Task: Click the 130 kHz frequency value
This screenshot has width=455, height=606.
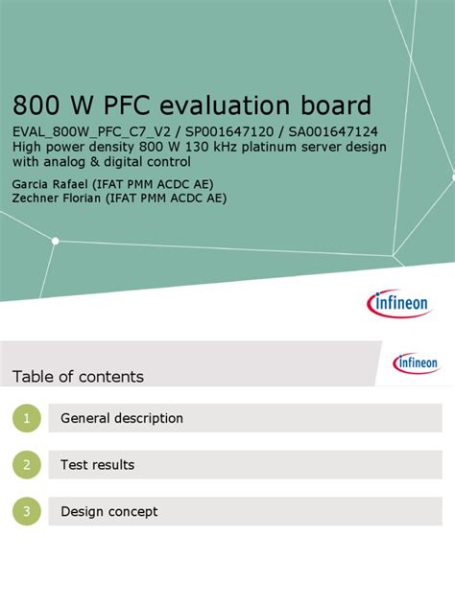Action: tap(201, 147)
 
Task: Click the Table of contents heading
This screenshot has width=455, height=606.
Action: tap(78, 377)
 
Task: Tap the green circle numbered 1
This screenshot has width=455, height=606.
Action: tap(28, 418)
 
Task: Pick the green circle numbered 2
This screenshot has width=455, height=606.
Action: tap(28, 465)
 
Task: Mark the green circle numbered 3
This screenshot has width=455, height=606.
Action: tap(28, 512)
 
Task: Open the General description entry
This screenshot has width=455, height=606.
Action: tap(122, 418)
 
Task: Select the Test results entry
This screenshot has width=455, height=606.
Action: tap(97, 465)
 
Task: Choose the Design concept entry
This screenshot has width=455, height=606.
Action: tap(109, 512)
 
